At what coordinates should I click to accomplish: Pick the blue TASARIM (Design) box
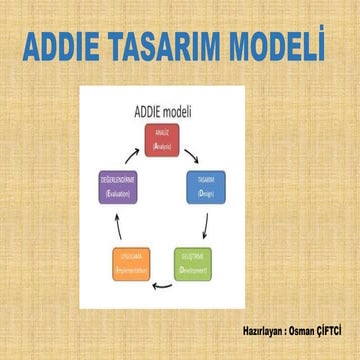(208, 185)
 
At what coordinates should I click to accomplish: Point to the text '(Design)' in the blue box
(208, 191)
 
